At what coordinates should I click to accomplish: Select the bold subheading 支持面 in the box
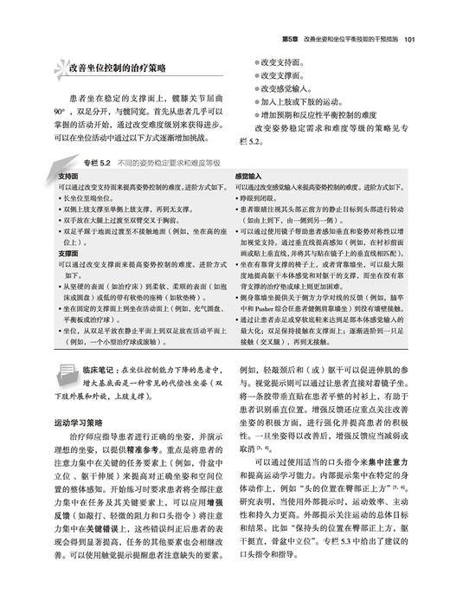68,176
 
